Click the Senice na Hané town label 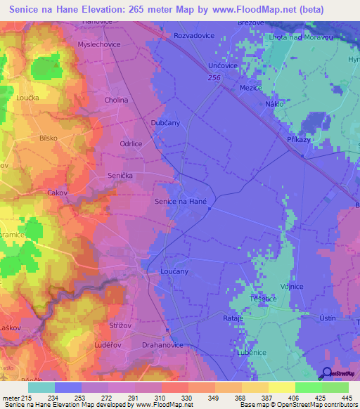179,202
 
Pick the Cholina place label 116,100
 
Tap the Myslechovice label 98,44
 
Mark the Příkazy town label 299,141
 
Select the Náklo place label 274,104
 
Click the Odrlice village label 131,143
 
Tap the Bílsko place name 49,138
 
